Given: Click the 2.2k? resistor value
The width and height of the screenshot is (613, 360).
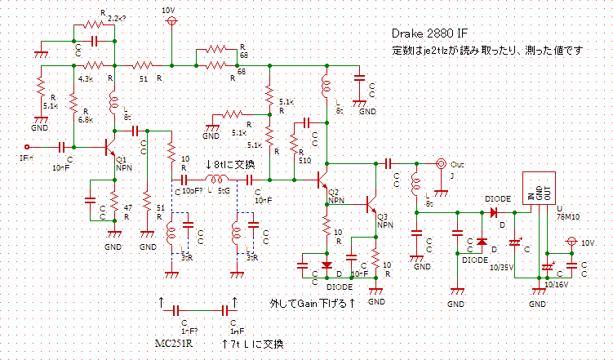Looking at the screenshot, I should click(x=117, y=17).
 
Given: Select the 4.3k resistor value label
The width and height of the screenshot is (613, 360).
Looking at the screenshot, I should click(x=85, y=78).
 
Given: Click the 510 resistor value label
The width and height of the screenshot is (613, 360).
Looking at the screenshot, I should click(x=304, y=161).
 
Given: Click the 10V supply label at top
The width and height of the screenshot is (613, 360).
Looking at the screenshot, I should click(x=170, y=9).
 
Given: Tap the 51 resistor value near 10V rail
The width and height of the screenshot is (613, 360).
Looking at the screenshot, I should click(x=144, y=78).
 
